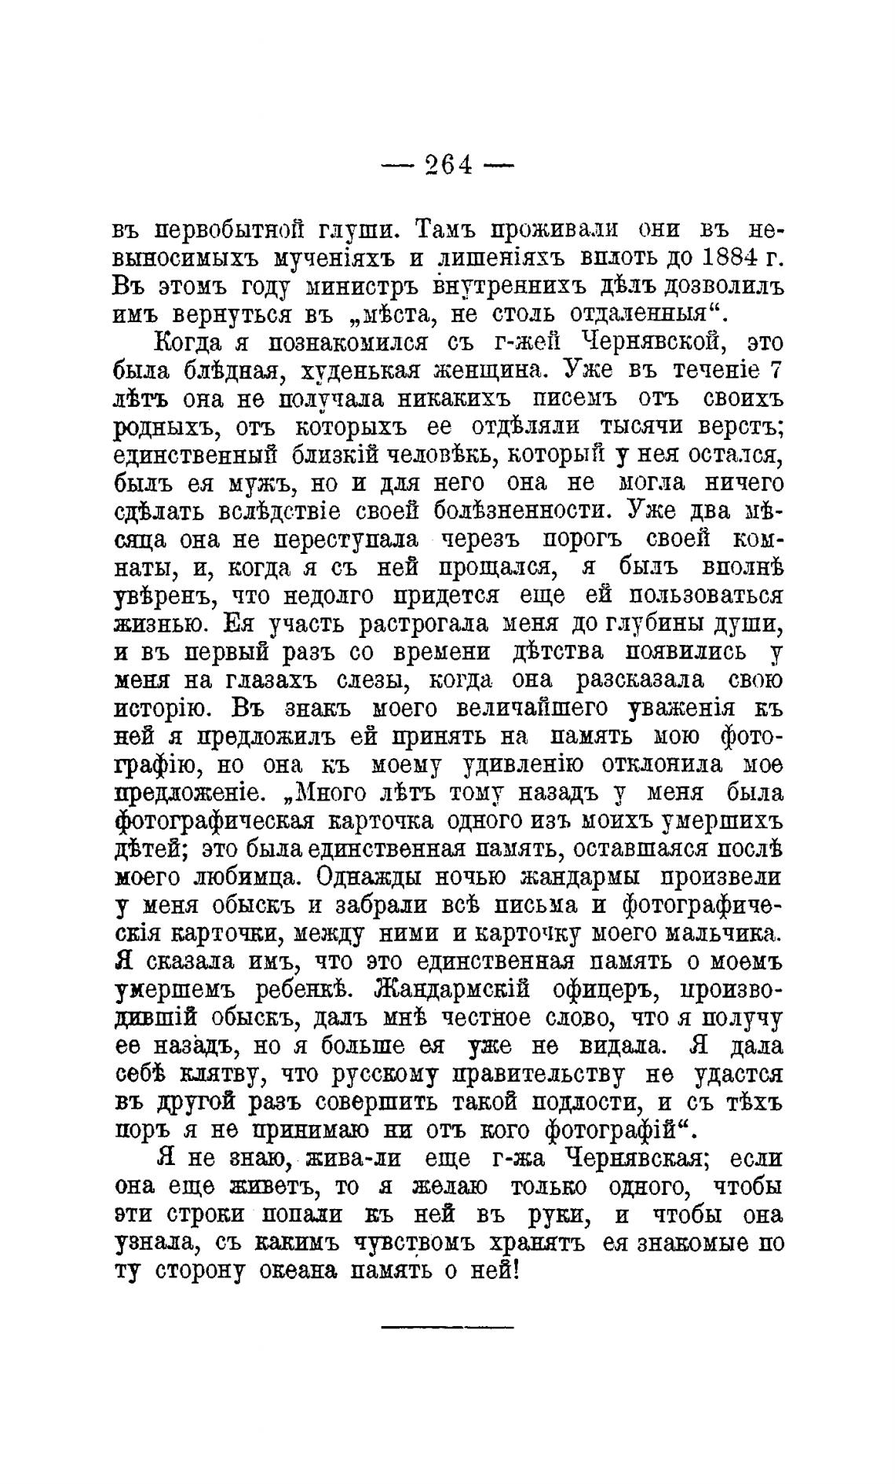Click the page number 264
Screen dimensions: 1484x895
tap(447, 165)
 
